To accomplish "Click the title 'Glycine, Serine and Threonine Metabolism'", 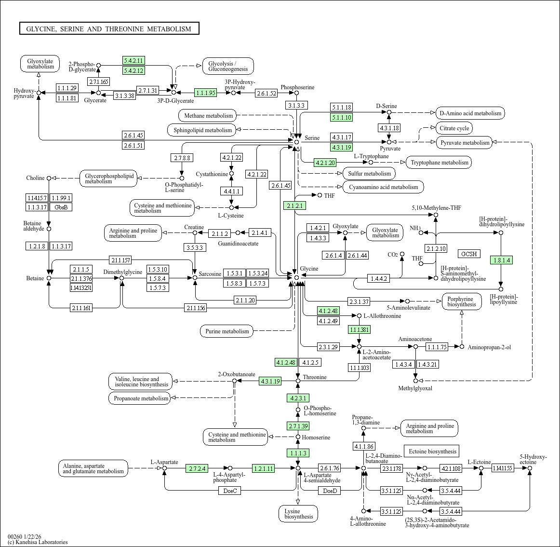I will [109, 29].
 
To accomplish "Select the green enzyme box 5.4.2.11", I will [133, 60].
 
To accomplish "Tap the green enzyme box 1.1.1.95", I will [206, 93].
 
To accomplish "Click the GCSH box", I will [468, 254].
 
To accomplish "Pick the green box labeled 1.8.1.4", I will [501, 260].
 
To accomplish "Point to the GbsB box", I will [61, 207].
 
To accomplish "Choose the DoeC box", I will [230, 491].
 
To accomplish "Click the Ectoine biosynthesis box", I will [432, 451].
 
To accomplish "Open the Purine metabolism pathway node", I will [227, 331].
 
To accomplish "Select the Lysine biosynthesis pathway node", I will [298, 514].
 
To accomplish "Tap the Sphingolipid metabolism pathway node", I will [202, 130].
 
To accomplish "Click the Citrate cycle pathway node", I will [454, 128].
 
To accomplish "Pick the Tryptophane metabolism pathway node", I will [439, 163].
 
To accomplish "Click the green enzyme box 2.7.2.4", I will [197, 468].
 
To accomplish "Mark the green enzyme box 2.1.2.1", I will [294, 205].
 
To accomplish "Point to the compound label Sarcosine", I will [210, 274].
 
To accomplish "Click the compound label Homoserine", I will [316, 438].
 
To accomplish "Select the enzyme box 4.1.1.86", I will [363, 447].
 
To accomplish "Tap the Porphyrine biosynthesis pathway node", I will [461, 301].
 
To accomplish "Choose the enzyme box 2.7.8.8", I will [182, 158].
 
